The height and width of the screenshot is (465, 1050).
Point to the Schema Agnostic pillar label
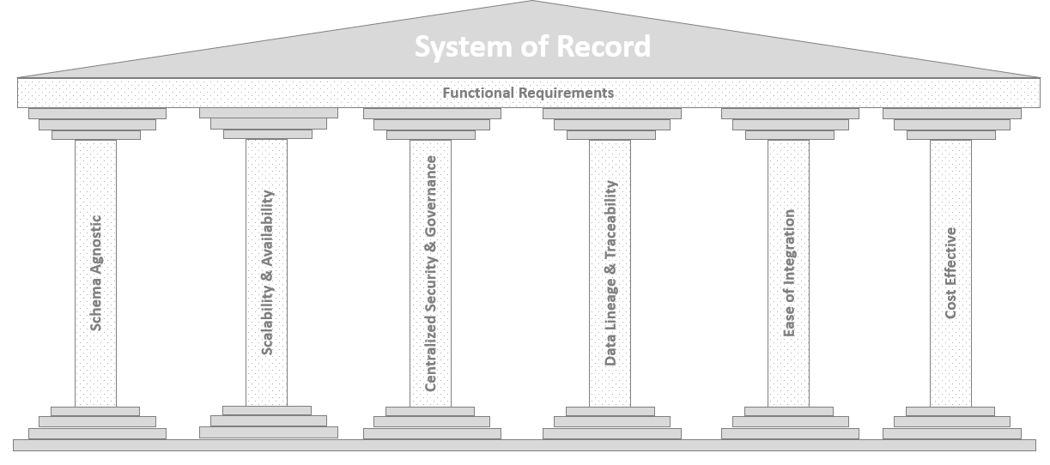click(x=96, y=273)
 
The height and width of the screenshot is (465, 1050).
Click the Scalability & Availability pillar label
click(x=267, y=273)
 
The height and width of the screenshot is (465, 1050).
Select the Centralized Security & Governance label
click(x=431, y=273)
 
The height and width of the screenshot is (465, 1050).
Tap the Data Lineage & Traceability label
click(x=610, y=273)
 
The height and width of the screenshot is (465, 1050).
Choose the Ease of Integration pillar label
click(x=789, y=273)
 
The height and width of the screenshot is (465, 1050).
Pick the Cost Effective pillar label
click(x=950, y=273)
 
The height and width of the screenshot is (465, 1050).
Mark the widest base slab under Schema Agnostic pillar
click(x=97, y=433)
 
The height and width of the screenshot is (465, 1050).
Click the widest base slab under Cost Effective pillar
click(x=951, y=433)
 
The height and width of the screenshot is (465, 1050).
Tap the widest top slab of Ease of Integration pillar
click(x=790, y=113)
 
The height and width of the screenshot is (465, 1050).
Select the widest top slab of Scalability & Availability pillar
click(x=268, y=113)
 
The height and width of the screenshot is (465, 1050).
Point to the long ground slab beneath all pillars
click(x=525, y=444)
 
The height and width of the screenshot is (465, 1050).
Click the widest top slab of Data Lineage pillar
click(x=611, y=113)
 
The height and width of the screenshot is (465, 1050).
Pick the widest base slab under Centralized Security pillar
click(x=432, y=433)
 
